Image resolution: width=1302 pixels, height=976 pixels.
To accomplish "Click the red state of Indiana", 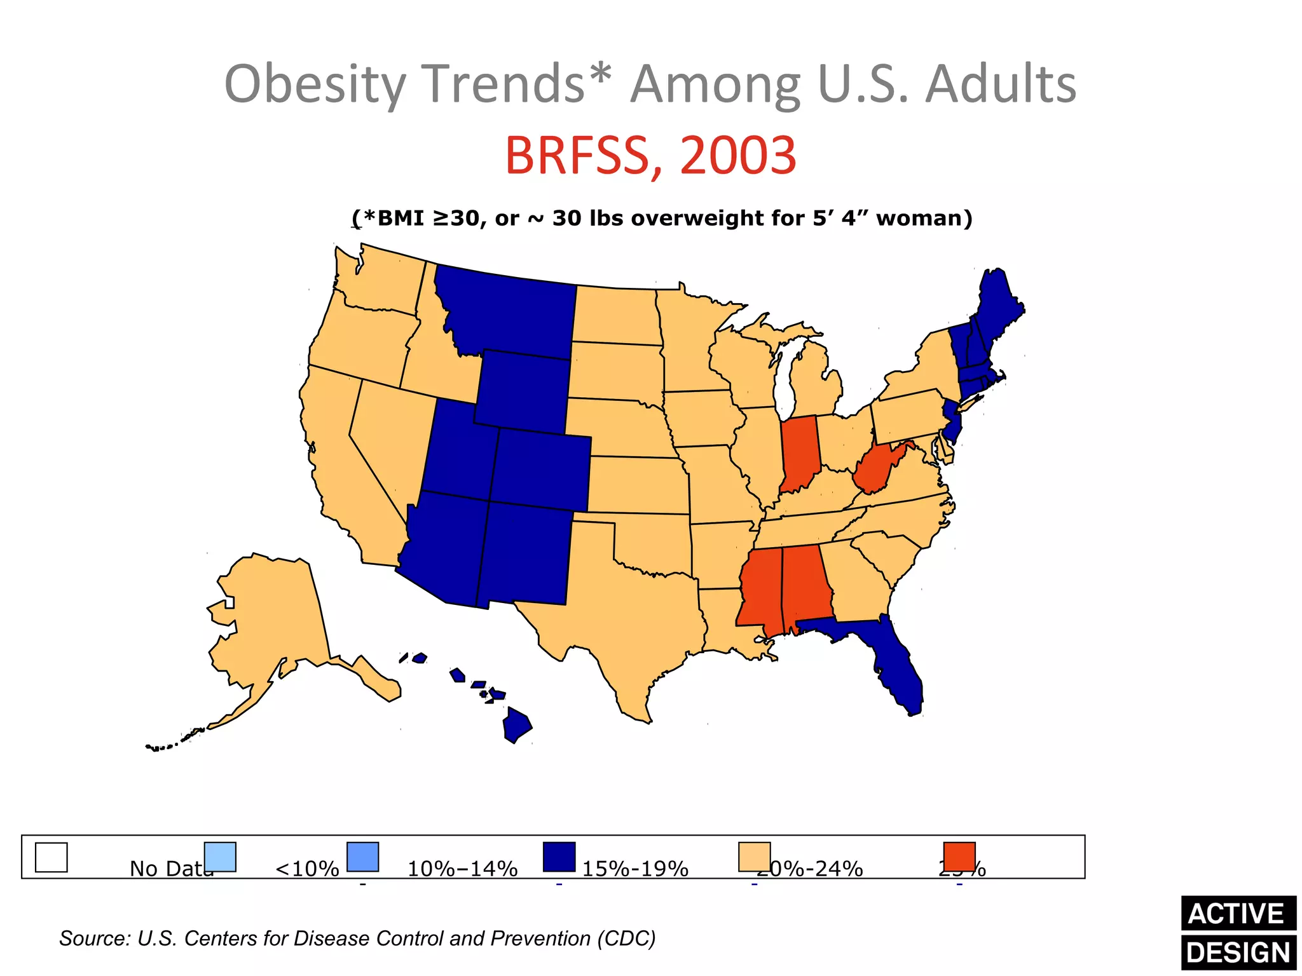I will [800, 452].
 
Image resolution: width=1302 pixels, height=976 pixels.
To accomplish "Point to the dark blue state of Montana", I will [509, 311].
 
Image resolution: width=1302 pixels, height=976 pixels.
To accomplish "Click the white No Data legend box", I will [51, 857].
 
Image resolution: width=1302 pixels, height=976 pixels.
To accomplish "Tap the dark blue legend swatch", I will [559, 857].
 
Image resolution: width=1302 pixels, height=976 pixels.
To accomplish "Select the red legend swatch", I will [959, 857].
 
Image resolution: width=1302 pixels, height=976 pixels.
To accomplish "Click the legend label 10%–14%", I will [462, 868].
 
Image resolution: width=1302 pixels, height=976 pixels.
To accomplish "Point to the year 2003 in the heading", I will [737, 156].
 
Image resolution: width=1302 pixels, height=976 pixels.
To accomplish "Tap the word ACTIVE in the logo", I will [1237, 914].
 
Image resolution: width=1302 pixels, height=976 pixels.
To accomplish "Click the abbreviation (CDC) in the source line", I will [626, 939].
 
